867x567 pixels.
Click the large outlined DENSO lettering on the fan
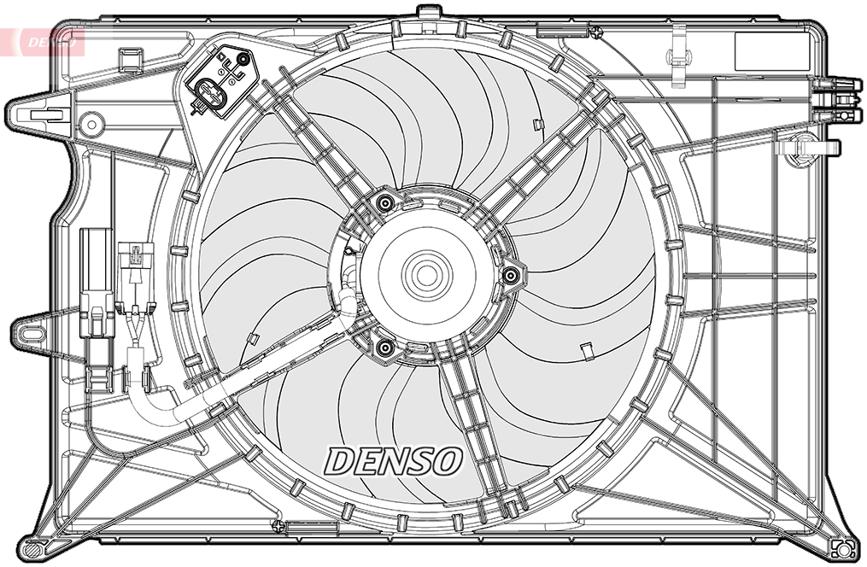click(x=393, y=461)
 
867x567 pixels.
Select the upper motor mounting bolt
click(x=385, y=203)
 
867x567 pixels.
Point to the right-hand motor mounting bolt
click(x=512, y=274)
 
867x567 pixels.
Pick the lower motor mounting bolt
click(x=384, y=348)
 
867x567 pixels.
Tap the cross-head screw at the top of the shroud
click(x=595, y=32)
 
